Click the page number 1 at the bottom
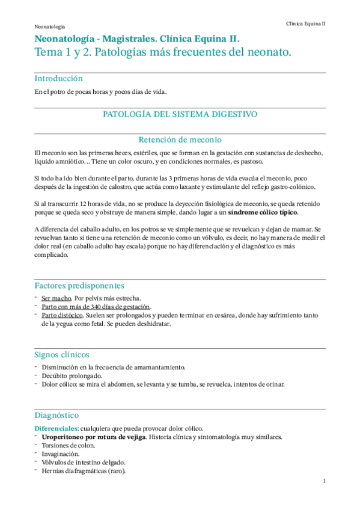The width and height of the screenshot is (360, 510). coord(324,481)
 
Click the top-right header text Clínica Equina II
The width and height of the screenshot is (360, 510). coord(305,23)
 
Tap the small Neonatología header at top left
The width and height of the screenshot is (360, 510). coord(50,27)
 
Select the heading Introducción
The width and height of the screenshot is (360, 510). coord(58,79)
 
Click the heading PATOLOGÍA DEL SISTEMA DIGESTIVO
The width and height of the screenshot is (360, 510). coord(180,114)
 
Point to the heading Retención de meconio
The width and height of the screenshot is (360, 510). coord(180,139)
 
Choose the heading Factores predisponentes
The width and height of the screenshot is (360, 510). coord(79,285)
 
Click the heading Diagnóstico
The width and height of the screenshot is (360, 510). coord(56,415)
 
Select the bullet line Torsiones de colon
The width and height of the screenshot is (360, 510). coord(66,445)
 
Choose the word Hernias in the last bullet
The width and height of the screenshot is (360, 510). coord(52,471)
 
